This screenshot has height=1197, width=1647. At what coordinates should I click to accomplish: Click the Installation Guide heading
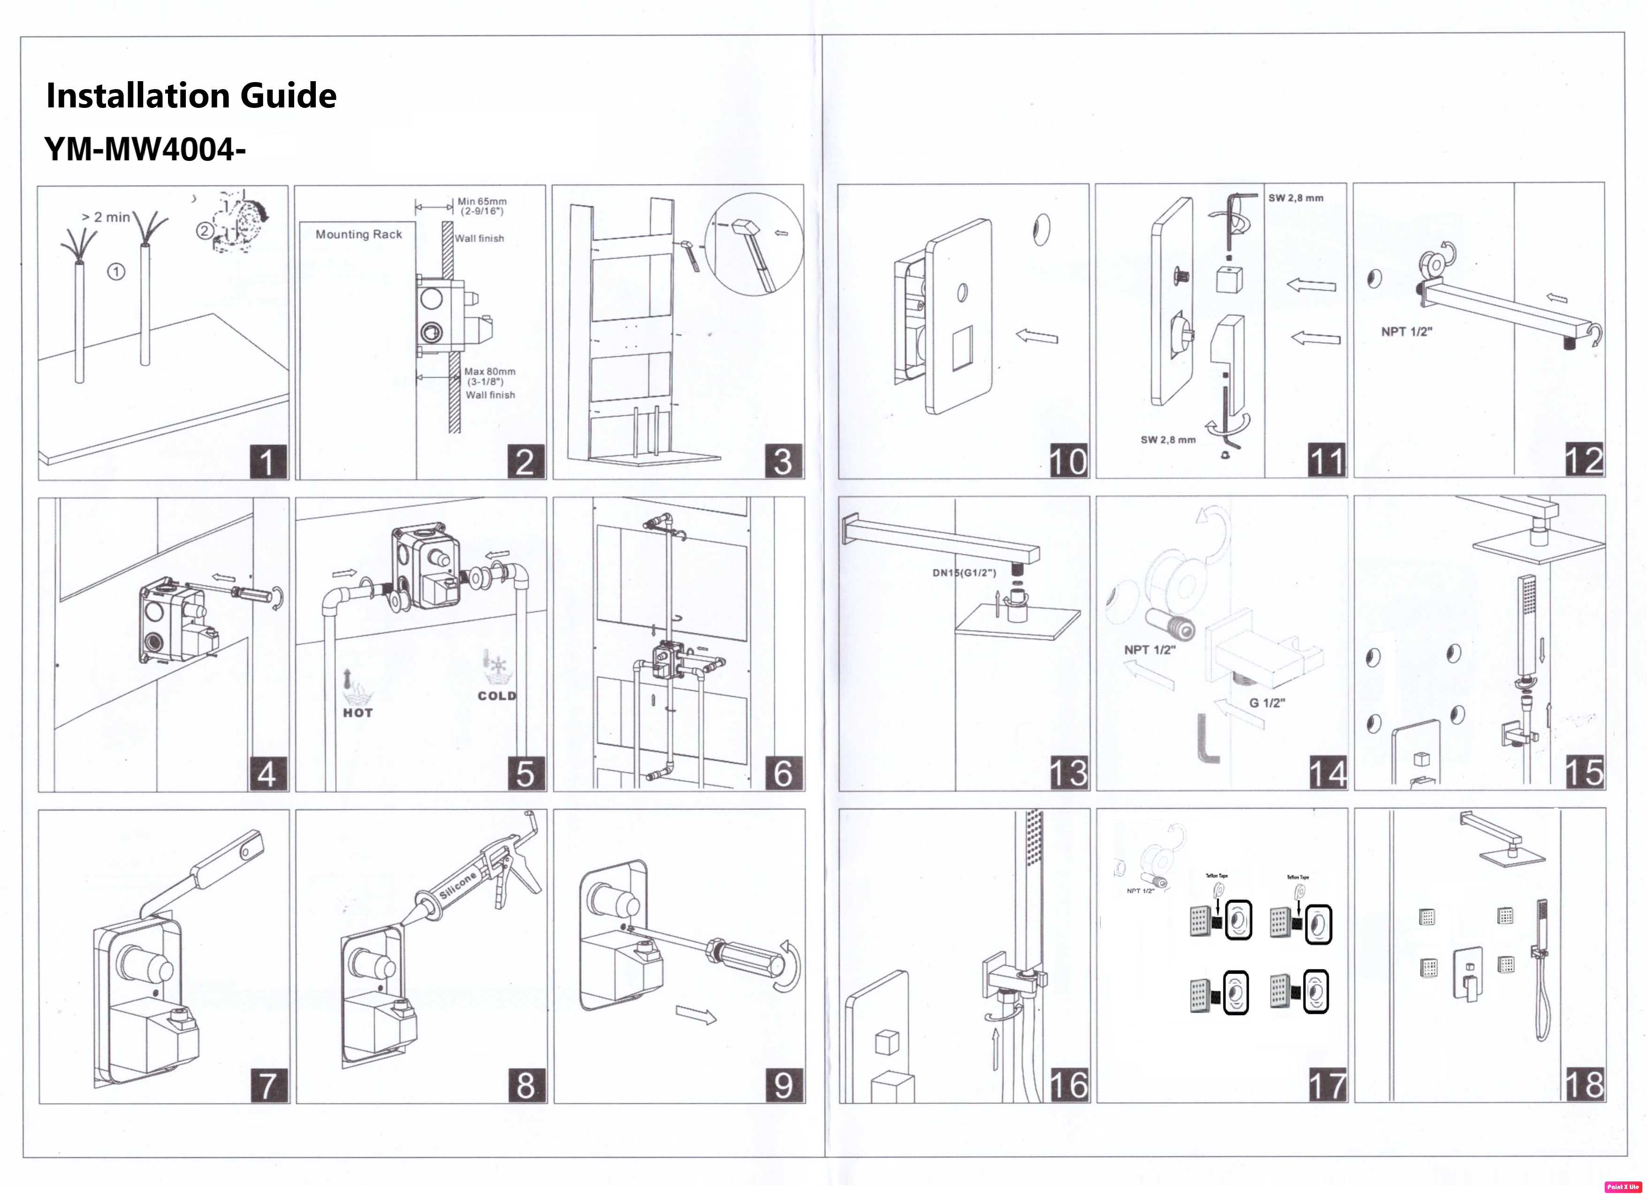191,96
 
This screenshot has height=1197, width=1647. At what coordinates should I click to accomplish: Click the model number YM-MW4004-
145,150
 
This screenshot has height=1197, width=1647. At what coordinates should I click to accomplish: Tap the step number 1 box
267,462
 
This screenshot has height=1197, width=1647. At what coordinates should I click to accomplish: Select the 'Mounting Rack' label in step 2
359,235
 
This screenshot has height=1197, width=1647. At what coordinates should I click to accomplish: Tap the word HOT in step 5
358,713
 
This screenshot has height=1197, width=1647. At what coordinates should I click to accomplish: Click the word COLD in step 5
497,696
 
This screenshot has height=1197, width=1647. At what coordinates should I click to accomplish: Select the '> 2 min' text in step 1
106,217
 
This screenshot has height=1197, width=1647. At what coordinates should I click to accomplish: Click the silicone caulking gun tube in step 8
456,886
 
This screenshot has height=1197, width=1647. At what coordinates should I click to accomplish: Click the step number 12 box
1584,460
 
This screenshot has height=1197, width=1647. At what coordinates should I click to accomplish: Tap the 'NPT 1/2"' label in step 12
1406,332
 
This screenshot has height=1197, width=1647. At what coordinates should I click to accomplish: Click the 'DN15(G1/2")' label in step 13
964,573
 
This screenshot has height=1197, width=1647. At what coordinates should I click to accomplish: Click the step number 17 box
1327,1085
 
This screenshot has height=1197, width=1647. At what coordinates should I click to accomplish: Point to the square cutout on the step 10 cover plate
961,348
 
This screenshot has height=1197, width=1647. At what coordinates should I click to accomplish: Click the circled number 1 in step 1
116,272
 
